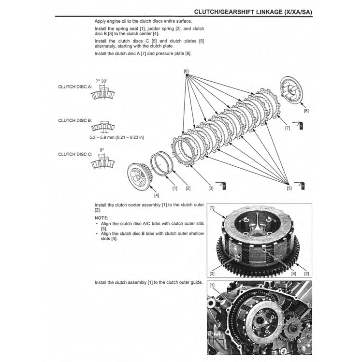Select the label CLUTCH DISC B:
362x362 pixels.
[x=74, y=120]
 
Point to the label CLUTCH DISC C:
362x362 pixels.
[x=74, y=154]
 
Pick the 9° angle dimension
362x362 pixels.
[x=101, y=150]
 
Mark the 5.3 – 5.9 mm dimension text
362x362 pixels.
[x=116, y=137]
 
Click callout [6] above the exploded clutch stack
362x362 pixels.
[x=186, y=72]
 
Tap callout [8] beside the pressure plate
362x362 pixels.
[x=305, y=111]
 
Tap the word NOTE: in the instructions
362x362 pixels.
[x=101, y=218]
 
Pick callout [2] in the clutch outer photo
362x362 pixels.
[x=305, y=274]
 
